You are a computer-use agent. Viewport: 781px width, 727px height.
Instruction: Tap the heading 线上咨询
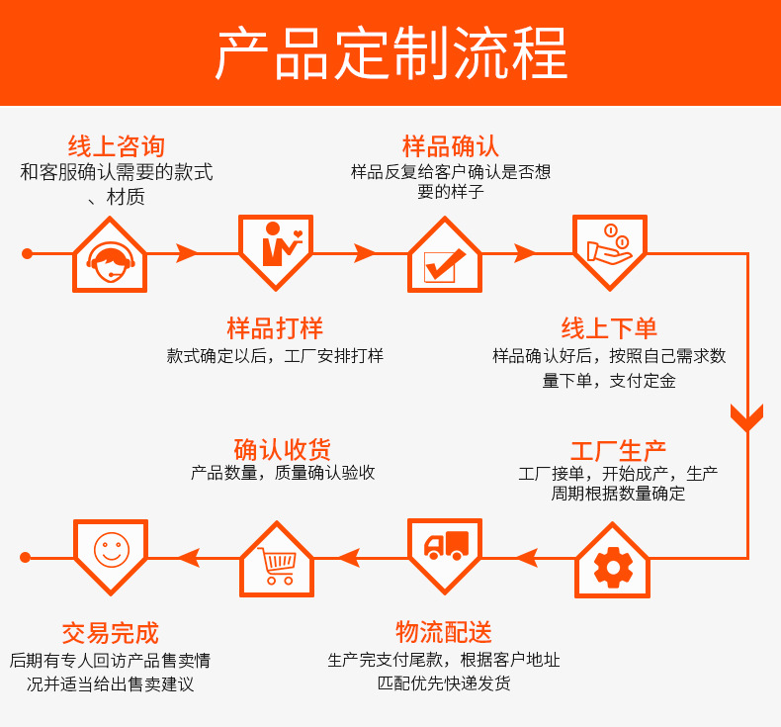pyautogui.click(x=117, y=147)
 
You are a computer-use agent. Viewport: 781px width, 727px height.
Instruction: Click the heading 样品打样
pyautogui.click(x=275, y=328)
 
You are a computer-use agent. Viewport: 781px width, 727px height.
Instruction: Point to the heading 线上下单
pyautogui.click(x=609, y=328)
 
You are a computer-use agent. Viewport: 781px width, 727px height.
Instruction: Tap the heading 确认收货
pyautogui.click(x=282, y=448)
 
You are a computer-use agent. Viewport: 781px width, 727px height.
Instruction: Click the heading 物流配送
pyautogui.click(x=444, y=632)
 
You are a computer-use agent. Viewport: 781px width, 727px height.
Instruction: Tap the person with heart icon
pyautogui.click(x=276, y=247)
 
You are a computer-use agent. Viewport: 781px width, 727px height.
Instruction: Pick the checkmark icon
pyautogui.click(x=444, y=261)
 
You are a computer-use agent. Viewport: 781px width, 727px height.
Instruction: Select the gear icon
pyautogui.click(x=613, y=566)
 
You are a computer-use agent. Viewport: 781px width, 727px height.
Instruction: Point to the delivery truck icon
pyautogui.click(x=445, y=547)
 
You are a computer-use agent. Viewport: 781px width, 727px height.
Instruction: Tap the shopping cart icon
pyautogui.click(x=277, y=566)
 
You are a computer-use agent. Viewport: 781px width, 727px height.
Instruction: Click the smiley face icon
pyautogui.click(x=111, y=549)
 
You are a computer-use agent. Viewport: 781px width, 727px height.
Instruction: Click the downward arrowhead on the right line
pyautogui.click(x=747, y=416)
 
